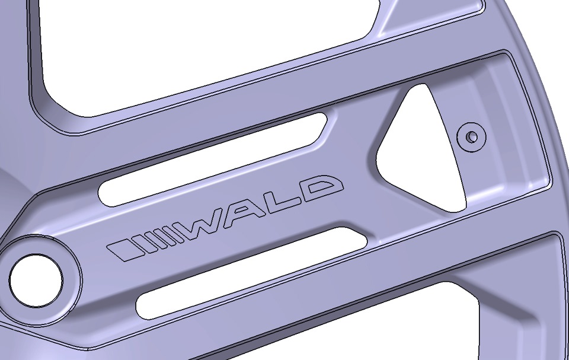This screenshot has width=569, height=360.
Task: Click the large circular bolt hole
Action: (x=36, y=280)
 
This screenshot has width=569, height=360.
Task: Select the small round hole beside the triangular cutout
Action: (x=472, y=136)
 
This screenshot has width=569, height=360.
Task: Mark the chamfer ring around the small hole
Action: (x=472, y=126)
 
